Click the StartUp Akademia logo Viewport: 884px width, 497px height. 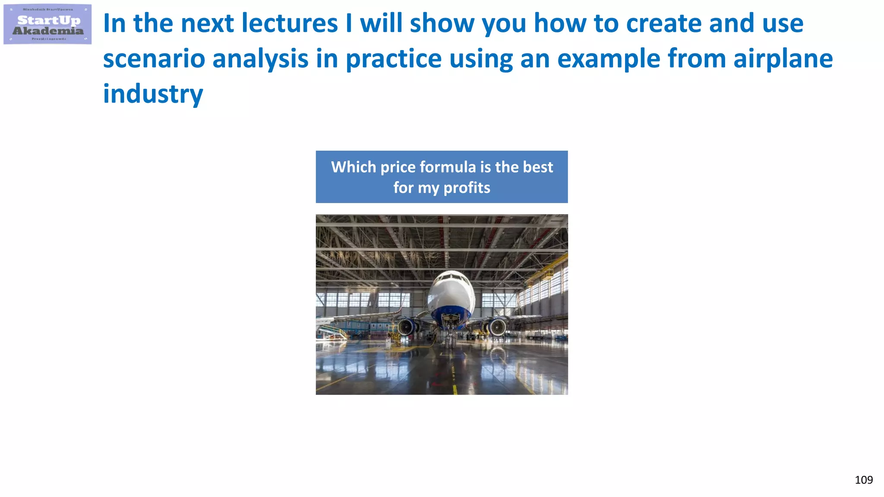pyautogui.click(x=47, y=25)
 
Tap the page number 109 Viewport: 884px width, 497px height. pyautogui.click(x=863, y=480)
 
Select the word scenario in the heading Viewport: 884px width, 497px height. pyautogui.click(x=154, y=59)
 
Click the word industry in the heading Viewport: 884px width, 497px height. pyautogui.click(x=153, y=94)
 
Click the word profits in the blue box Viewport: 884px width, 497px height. pyautogui.click(x=467, y=188)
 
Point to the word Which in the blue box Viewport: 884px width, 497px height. pyautogui.click(x=354, y=167)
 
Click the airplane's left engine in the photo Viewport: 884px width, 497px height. pyautogui.click(x=406, y=327)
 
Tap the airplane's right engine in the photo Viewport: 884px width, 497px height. pyautogui.click(x=497, y=327)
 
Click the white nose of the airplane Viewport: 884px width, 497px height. pyautogui.click(x=451, y=287)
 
